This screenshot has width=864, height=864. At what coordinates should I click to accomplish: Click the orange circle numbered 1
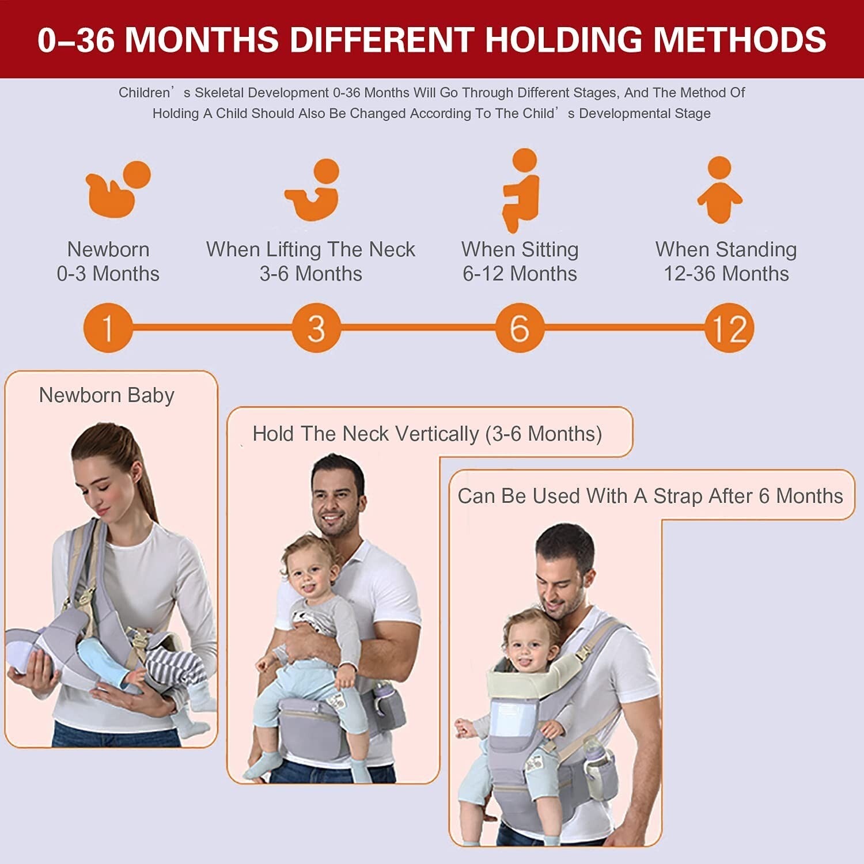tap(108, 328)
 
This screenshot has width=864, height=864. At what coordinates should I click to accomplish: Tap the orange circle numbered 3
tap(316, 328)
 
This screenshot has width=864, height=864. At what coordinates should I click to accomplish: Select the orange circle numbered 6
tap(520, 328)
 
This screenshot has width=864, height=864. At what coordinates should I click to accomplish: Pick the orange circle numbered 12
tap(729, 328)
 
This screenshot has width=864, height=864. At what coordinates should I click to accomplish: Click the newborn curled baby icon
tap(117, 189)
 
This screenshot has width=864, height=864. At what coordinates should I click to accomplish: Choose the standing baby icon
tap(719, 190)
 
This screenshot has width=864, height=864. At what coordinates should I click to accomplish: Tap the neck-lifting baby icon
tap(314, 190)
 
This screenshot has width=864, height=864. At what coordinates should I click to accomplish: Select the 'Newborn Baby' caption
tap(107, 396)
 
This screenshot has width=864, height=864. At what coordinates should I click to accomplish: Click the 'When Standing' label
tap(726, 249)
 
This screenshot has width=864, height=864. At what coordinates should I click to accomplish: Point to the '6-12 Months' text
tap(520, 274)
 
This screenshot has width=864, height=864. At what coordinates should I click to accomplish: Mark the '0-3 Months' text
tap(108, 274)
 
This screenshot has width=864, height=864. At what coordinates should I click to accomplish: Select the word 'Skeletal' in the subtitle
tap(221, 93)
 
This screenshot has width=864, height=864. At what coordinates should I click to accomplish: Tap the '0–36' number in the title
tap(76, 40)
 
